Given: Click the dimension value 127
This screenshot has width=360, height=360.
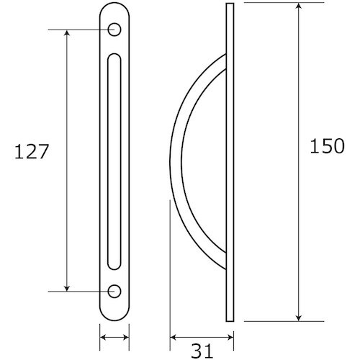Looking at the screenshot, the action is (x=32, y=152).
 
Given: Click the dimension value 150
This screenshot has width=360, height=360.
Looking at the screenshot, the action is (x=328, y=146).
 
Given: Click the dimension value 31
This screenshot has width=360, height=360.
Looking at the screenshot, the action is (x=202, y=351).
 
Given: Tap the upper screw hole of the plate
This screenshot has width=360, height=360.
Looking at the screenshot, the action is (x=114, y=30).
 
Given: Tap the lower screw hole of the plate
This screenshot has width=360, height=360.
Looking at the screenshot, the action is (x=114, y=291).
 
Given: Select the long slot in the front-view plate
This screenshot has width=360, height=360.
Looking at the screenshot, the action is (x=114, y=161).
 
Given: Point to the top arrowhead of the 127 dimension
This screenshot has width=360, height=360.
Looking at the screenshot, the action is (x=67, y=32).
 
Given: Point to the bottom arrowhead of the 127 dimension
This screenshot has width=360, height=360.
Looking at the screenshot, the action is (x=67, y=288).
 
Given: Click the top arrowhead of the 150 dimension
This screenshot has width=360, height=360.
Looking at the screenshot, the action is (x=298, y=6).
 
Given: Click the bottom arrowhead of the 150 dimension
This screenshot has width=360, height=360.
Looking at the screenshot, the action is (x=298, y=318).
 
